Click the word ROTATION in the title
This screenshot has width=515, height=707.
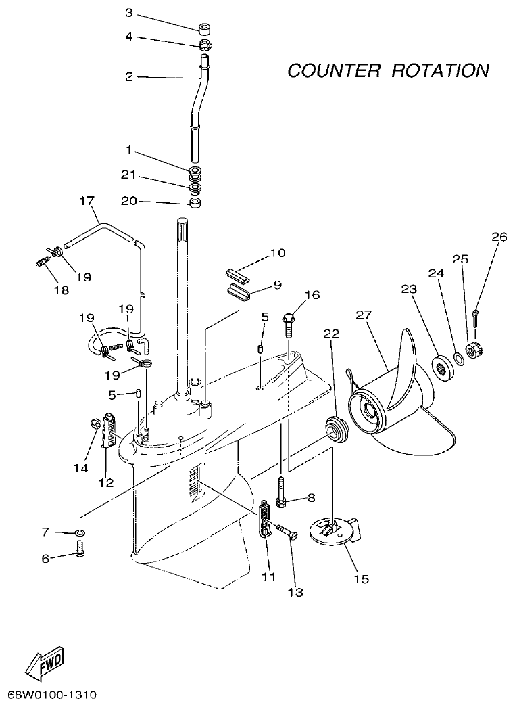click(x=439, y=70)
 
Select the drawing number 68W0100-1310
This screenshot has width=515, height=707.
click(x=53, y=695)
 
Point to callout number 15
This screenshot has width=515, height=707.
click(x=362, y=579)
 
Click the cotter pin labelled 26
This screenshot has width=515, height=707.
click(x=478, y=317)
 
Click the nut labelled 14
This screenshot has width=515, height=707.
click(x=95, y=424)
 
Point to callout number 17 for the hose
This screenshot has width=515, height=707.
click(x=87, y=201)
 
